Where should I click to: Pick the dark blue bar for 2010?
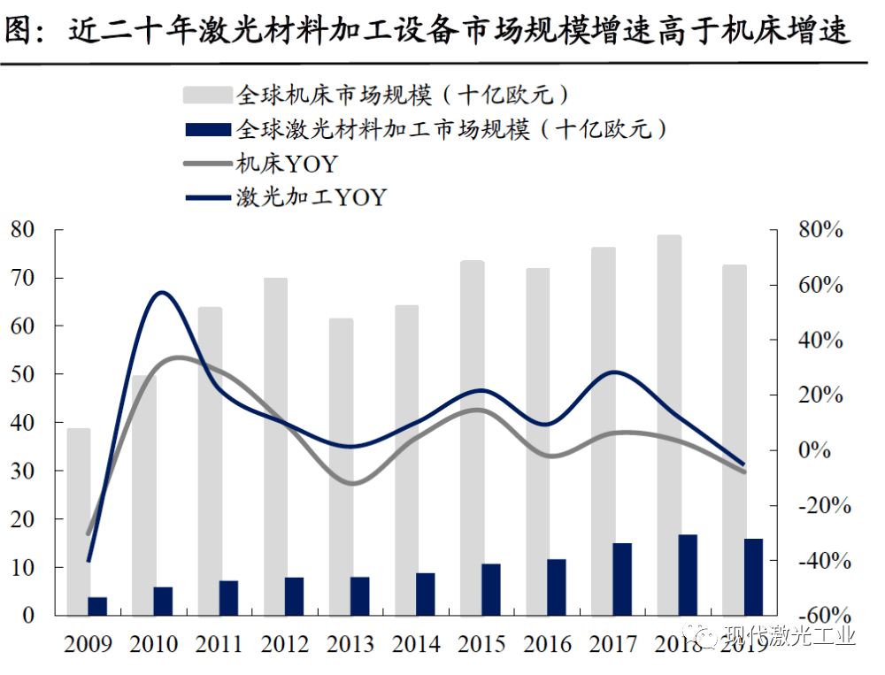164,601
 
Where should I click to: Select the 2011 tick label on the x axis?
219,642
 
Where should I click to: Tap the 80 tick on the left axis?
22,230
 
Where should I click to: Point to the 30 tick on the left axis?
22,472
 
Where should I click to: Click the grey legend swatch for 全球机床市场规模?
207,95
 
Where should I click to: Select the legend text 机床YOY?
287,164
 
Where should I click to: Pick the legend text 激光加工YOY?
311,196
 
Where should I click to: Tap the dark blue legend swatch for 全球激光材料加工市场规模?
207,129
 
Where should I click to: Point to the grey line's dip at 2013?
352,483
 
